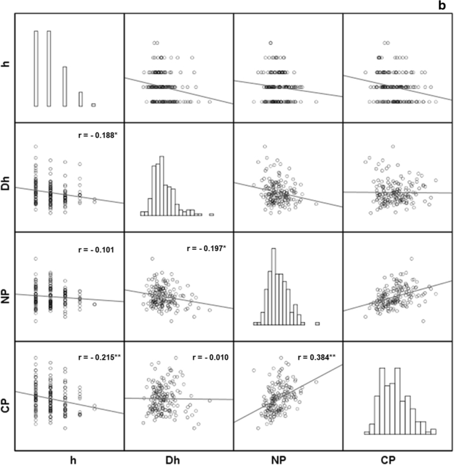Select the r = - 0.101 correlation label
click(x=96, y=250)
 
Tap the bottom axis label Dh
click(x=178, y=457)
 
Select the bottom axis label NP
click(x=288, y=457)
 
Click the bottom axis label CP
click(x=397, y=457)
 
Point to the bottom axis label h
click(x=69, y=457)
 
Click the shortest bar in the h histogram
click(x=93, y=105)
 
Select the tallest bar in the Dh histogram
click(x=159, y=186)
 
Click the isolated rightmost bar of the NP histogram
click(x=317, y=323)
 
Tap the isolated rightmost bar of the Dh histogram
click(x=211, y=214)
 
